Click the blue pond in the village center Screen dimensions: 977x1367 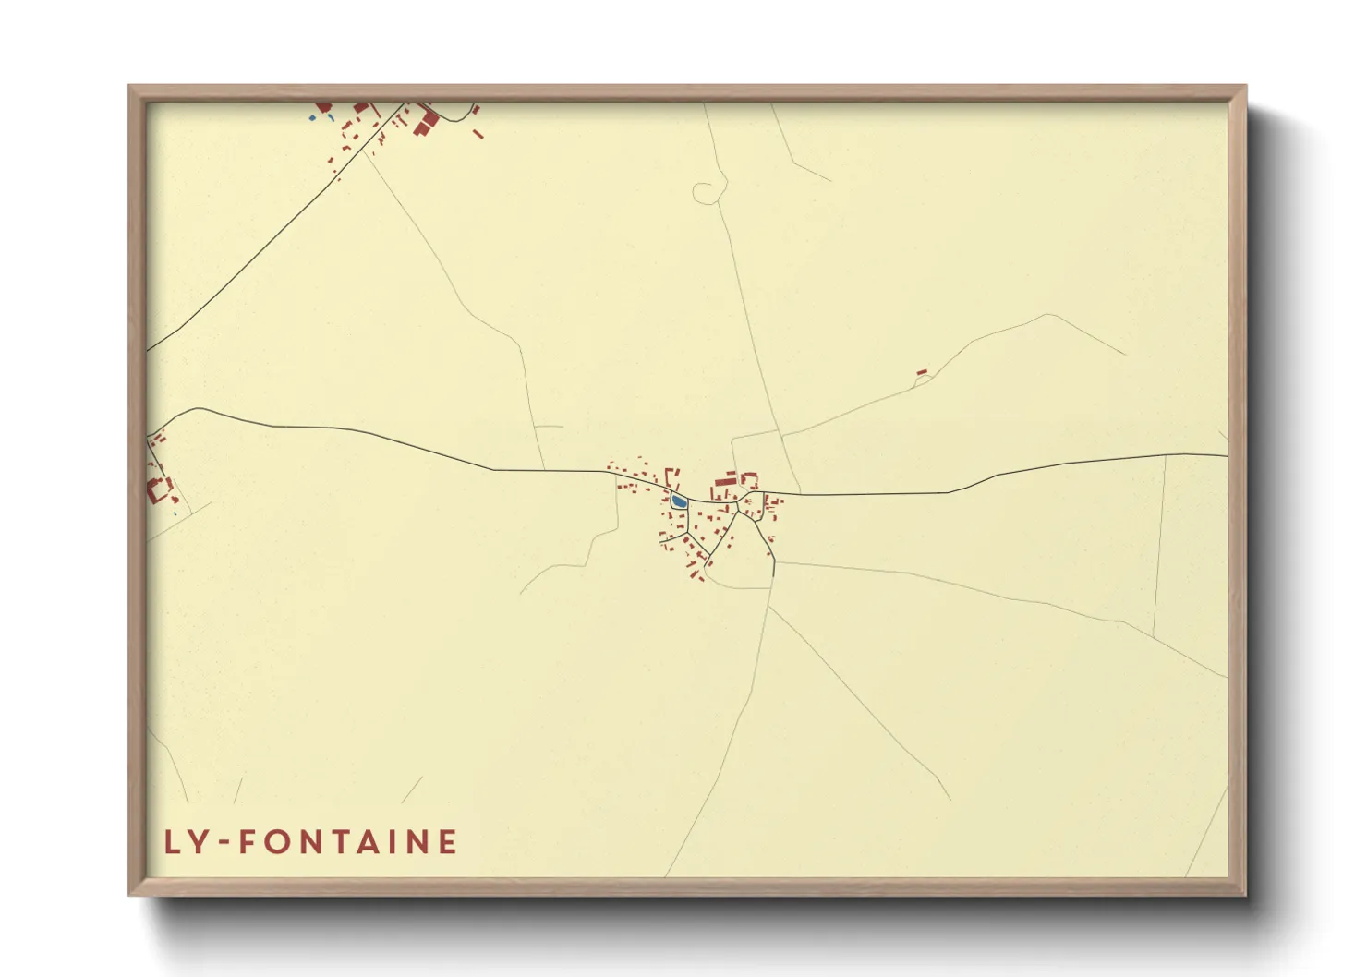pyautogui.click(x=679, y=501)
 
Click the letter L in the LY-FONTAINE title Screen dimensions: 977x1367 pyautogui.click(x=172, y=842)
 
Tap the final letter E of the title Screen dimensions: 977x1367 pyautogui.click(x=448, y=842)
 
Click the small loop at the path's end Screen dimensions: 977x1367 pyautogui.click(x=705, y=192)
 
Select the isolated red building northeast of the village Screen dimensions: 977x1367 pyautogui.click(x=921, y=372)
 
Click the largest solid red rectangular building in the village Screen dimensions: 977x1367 pyautogui.click(x=725, y=482)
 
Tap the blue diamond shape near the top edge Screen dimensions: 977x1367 pyautogui.click(x=312, y=118)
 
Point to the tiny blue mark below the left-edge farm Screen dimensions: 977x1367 pyautogui.click(x=174, y=513)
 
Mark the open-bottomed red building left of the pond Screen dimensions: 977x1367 pyautogui.click(x=671, y=476)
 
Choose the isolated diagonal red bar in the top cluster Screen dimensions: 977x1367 pyautogui.click(x=478, y=134)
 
